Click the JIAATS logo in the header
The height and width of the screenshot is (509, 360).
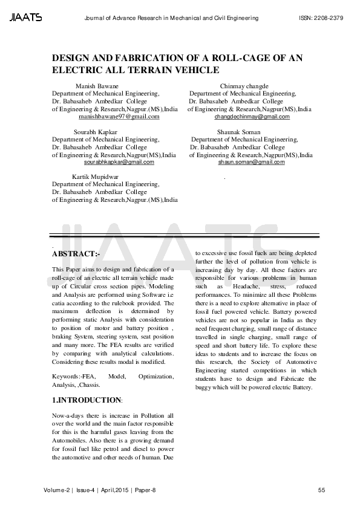click(25, 18)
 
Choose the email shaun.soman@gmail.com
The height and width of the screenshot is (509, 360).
click(251, 162)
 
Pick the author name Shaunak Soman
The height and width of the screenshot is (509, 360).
click(238, 132)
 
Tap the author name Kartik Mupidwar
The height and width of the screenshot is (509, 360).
click(95, 177)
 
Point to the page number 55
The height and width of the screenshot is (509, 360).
click(321, 490)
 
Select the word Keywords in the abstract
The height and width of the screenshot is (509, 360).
click(67, 377)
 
